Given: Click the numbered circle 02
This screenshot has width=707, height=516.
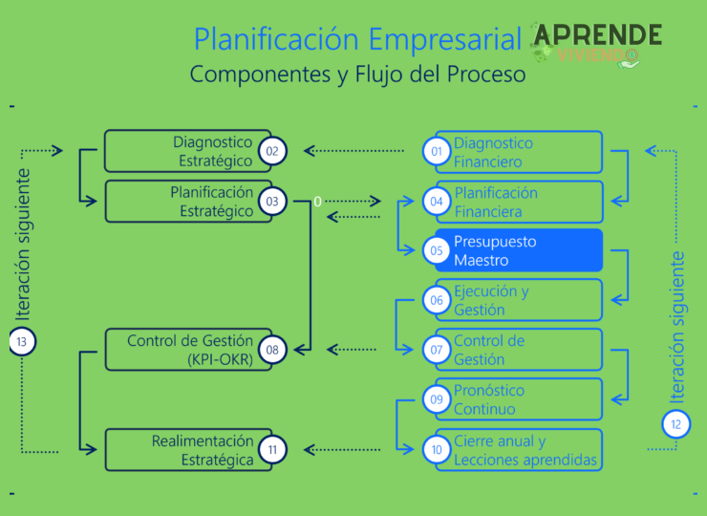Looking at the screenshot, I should click(x=272, y=151).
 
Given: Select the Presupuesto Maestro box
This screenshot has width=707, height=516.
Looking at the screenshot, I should click(x=519, y=250).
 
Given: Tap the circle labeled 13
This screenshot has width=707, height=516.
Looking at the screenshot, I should click(x=21, y=341).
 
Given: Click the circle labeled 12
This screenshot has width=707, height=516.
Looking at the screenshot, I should click(x=675, y=423).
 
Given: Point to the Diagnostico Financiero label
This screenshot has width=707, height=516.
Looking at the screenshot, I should click(x=493, y=152).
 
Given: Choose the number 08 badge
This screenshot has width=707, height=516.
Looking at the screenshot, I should click(x=272, y=350).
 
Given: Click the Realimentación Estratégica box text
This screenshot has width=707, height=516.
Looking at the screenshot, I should click(x=203, y=450).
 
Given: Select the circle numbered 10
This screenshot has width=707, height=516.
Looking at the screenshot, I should click(x=437, y=449).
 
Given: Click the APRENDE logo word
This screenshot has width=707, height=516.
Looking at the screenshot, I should click(x=597, y=34).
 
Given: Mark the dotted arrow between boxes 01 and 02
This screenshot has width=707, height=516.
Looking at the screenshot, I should click(x=353, y=151).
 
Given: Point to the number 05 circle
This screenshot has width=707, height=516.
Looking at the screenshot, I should click(x=437, y=250).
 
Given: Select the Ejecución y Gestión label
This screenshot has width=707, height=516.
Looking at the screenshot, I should click(x=491, y=300).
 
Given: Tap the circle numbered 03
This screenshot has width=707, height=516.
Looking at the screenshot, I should click(x=272, y=202).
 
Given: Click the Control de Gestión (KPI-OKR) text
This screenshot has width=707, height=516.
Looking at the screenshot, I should click(x=190, y=350).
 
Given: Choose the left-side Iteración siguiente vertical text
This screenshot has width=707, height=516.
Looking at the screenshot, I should click(x=23, y=244).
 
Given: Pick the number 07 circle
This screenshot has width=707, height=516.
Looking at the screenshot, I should click(x=437, y=350).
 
